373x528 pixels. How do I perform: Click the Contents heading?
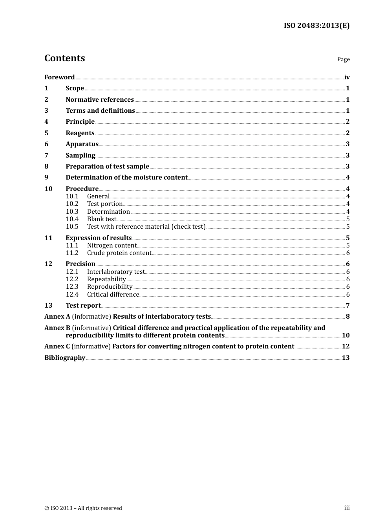(64, 58)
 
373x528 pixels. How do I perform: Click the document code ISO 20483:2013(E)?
(316, 26)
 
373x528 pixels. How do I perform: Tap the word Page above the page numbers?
(343, 59)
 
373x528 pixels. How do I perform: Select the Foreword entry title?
(59, 77)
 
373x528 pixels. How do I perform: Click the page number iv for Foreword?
(347, 77)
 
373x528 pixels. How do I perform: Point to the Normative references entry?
(100, 100)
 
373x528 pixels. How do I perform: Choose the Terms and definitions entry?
(100, 111)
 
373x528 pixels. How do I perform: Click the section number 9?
(46, 178)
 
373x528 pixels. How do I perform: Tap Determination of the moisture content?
(126, 178)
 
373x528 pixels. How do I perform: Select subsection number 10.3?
(72, 212)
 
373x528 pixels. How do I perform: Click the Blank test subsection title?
(102, 219)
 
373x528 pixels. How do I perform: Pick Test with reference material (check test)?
(146, 227)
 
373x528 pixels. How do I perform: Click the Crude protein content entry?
(119, 253)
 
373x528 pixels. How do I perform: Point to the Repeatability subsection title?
(106, 279)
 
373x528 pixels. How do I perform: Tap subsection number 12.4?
(72, 295)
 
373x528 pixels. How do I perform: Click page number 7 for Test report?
(347, 306)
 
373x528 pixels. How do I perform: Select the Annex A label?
(57, 317)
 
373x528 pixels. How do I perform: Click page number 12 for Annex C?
(346, 346)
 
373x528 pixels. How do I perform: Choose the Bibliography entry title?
(65, 358)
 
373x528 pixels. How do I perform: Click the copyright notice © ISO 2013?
(83, 508)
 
